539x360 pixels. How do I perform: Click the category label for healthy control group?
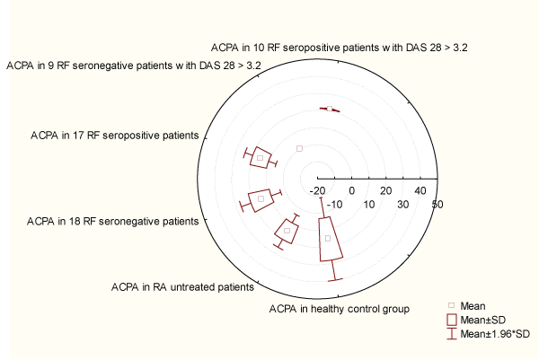coord(340,309)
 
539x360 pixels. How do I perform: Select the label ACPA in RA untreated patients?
coord(182,286)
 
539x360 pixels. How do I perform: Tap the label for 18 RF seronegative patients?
coord(113,221)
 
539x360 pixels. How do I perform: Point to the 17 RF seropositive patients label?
coord(115,136)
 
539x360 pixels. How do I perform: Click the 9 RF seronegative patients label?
coord(134,66)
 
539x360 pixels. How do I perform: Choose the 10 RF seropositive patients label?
coord(340,48)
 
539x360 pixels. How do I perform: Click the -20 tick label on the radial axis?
coord(317,190)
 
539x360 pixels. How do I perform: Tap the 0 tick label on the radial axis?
coord(351,190)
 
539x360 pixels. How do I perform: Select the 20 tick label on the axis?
coord(386,190)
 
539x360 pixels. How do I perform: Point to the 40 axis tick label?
coord(420,190)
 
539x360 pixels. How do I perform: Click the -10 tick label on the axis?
coord(334,205)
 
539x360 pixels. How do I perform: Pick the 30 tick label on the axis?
coord(403,205)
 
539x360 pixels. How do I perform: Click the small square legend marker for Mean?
coord(452,305)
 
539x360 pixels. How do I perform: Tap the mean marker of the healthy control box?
coord(328,239)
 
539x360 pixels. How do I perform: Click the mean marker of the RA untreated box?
coord(287,231)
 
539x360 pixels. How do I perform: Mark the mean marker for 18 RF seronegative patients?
coord(261,199)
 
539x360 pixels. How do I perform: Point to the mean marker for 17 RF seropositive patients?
coord(261,158)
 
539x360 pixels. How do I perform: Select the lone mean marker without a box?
coord(299,148)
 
